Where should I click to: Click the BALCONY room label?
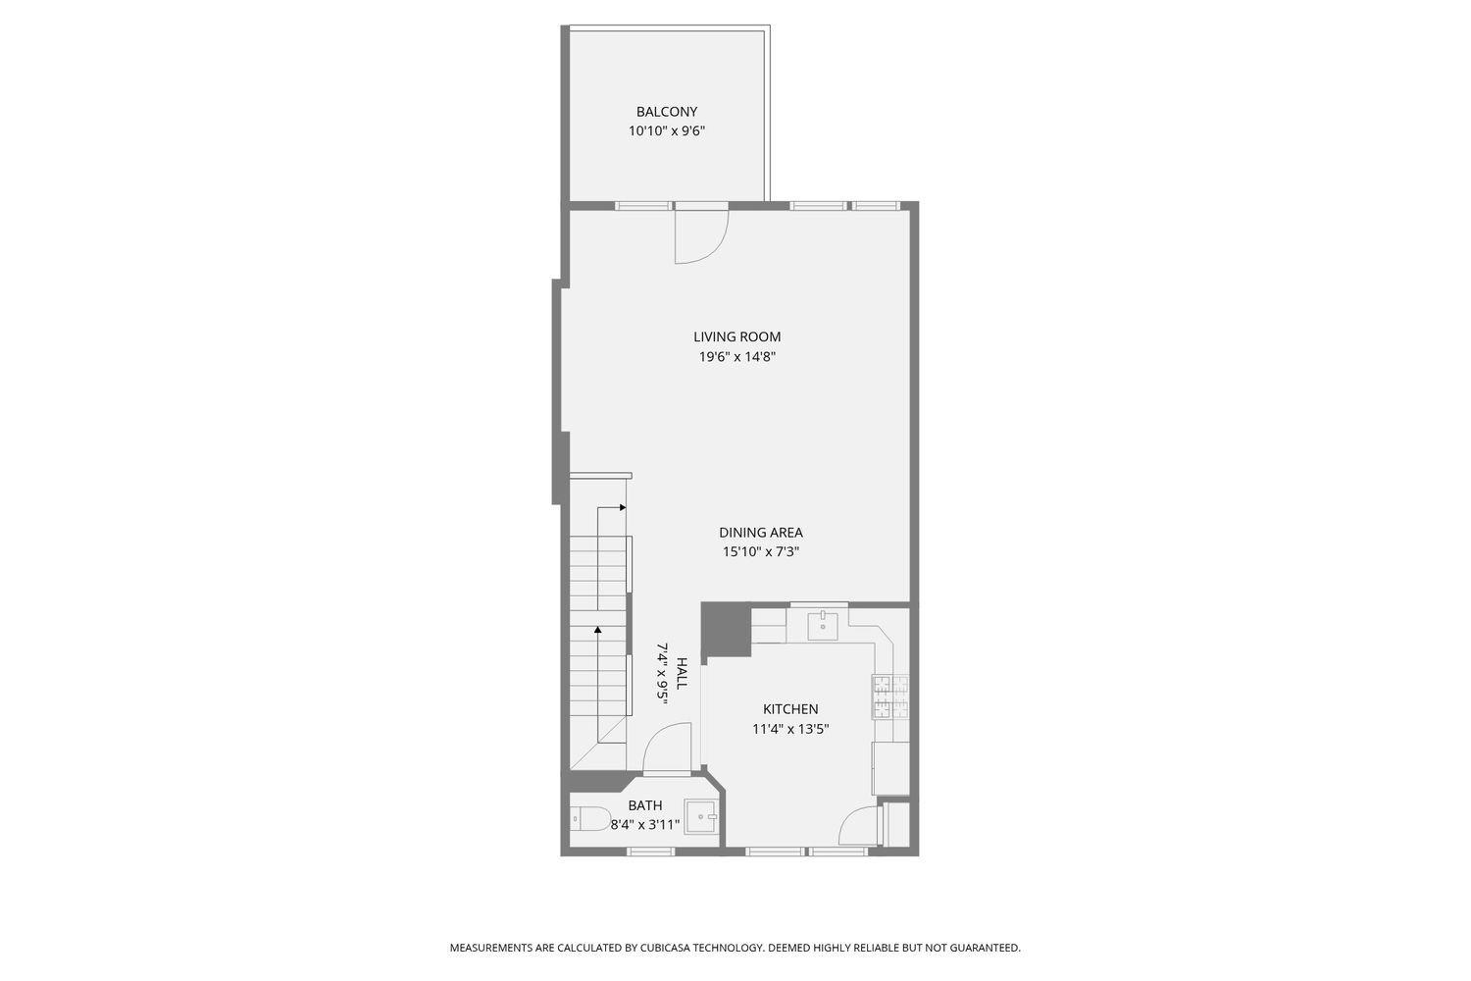[x=667, y=112]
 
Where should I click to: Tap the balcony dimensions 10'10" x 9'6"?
[x=667, y=130]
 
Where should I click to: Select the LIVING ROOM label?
[x=736, y=337]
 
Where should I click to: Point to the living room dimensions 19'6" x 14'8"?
[x=736, y=357]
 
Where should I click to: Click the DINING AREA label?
[x=760, y=533]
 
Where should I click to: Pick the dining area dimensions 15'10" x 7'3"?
[x=760, y=552]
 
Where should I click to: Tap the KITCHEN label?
[x=790, y=709]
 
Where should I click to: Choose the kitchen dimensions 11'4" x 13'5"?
[x=790, y=729]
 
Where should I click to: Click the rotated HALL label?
[x=682, y=673]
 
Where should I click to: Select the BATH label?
[x=645, y=805]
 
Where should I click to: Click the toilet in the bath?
[x=590, y=819]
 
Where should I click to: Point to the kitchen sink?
[x=822, y=626]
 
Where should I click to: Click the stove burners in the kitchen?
[x=890, y=697]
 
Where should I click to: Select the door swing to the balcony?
[x=702, y=236]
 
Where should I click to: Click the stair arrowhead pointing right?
[x=623, y=507]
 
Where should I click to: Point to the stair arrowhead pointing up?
[x=597, y=630]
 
